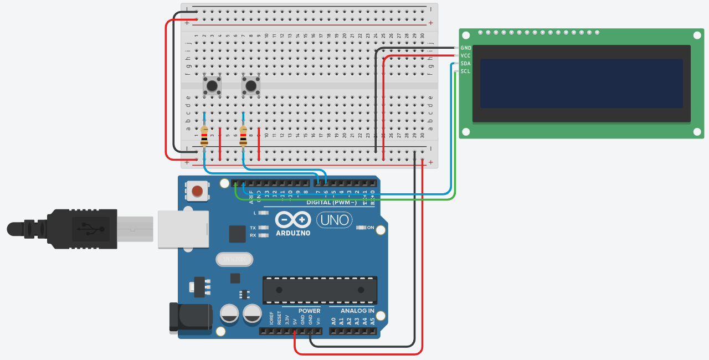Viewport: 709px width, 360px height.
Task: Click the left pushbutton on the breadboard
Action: pos(212,85)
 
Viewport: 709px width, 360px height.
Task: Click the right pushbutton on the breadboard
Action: pos(251,85)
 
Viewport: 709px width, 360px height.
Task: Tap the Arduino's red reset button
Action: pos(197,192)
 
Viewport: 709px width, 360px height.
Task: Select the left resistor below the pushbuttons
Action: pos(204,135)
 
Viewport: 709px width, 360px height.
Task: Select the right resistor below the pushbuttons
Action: pos(243,135)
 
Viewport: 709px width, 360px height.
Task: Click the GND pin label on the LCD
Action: pos(466,48)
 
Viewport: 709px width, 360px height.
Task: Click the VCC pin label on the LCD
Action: pos(466,56)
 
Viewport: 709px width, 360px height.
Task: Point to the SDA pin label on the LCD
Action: pos(466,64)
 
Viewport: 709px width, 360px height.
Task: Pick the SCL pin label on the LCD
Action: pos(466,71)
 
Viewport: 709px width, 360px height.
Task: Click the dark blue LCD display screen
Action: pos(581,84)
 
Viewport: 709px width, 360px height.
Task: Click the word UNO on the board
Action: pos(335,220)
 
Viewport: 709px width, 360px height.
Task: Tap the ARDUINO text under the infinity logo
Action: pos(293,233)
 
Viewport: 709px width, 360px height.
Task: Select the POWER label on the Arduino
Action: pos(309,311)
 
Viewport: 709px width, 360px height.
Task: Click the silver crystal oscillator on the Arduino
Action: pos(233,259)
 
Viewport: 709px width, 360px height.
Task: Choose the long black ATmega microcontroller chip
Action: pos(320,290)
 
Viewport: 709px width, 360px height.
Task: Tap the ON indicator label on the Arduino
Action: pos(371,228)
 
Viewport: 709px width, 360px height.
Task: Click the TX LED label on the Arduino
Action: pos(253,228)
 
